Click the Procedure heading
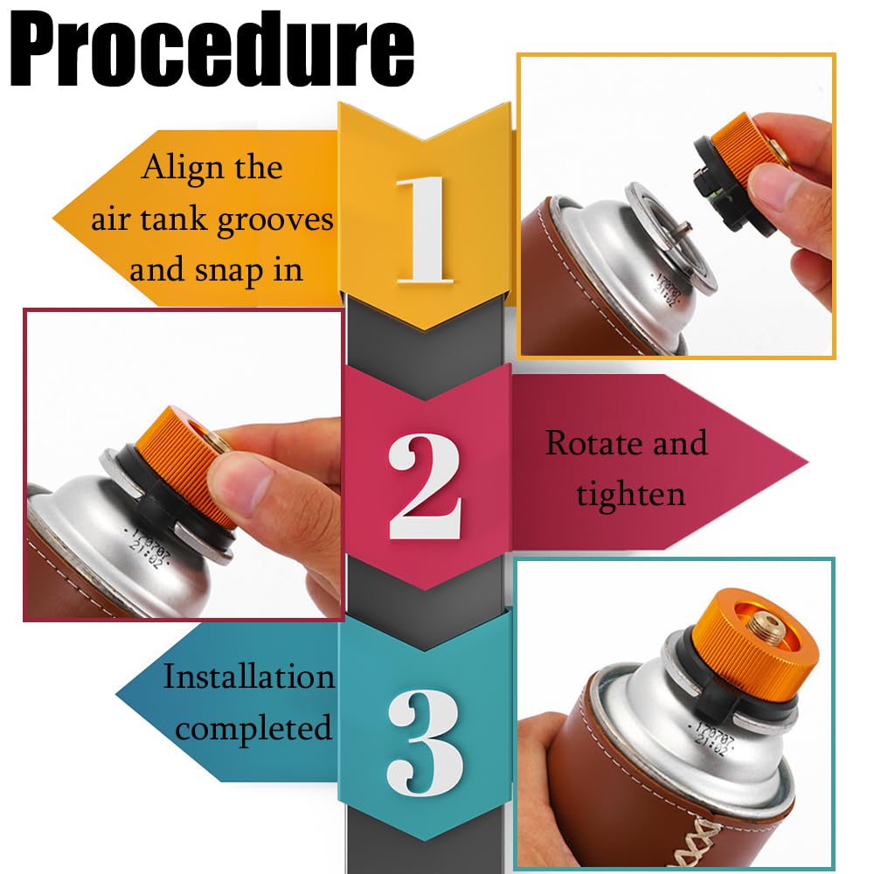tap(212, 50)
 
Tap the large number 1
tap(425, 230)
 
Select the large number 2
tap(425, 486)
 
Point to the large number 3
tap(425, 742)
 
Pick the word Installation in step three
tap(248, 676)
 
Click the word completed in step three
tap(253, 728)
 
